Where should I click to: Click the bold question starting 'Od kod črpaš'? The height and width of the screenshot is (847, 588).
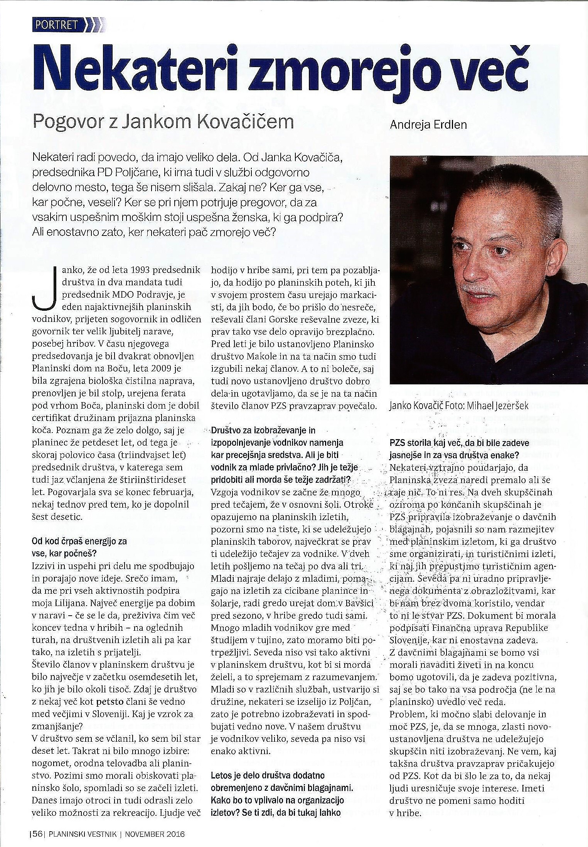tap(79, 541)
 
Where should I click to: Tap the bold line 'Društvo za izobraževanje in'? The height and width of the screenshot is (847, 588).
tap(264, 430)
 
